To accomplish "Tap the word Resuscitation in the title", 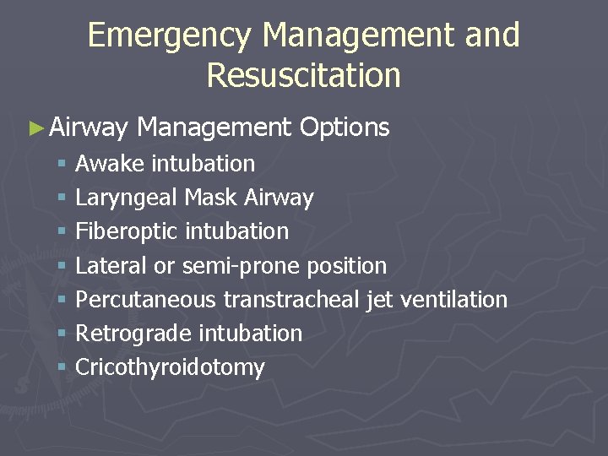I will click(303, 75).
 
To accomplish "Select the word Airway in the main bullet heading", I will click(88, 128).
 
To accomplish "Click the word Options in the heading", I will click(344, 128).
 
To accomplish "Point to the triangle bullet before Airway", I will click(35, 128).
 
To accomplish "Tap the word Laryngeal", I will click(127, 198).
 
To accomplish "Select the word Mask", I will click(211, 198).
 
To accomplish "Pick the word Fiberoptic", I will click(127, 232).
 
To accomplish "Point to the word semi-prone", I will click(240, 267).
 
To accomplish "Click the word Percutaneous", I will click(147, 300).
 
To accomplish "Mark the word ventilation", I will click(453, 300).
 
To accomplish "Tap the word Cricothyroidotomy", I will click(170, 368).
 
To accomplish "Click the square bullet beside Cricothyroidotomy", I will click(62, 367).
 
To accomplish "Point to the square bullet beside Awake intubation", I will click(62, 163).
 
